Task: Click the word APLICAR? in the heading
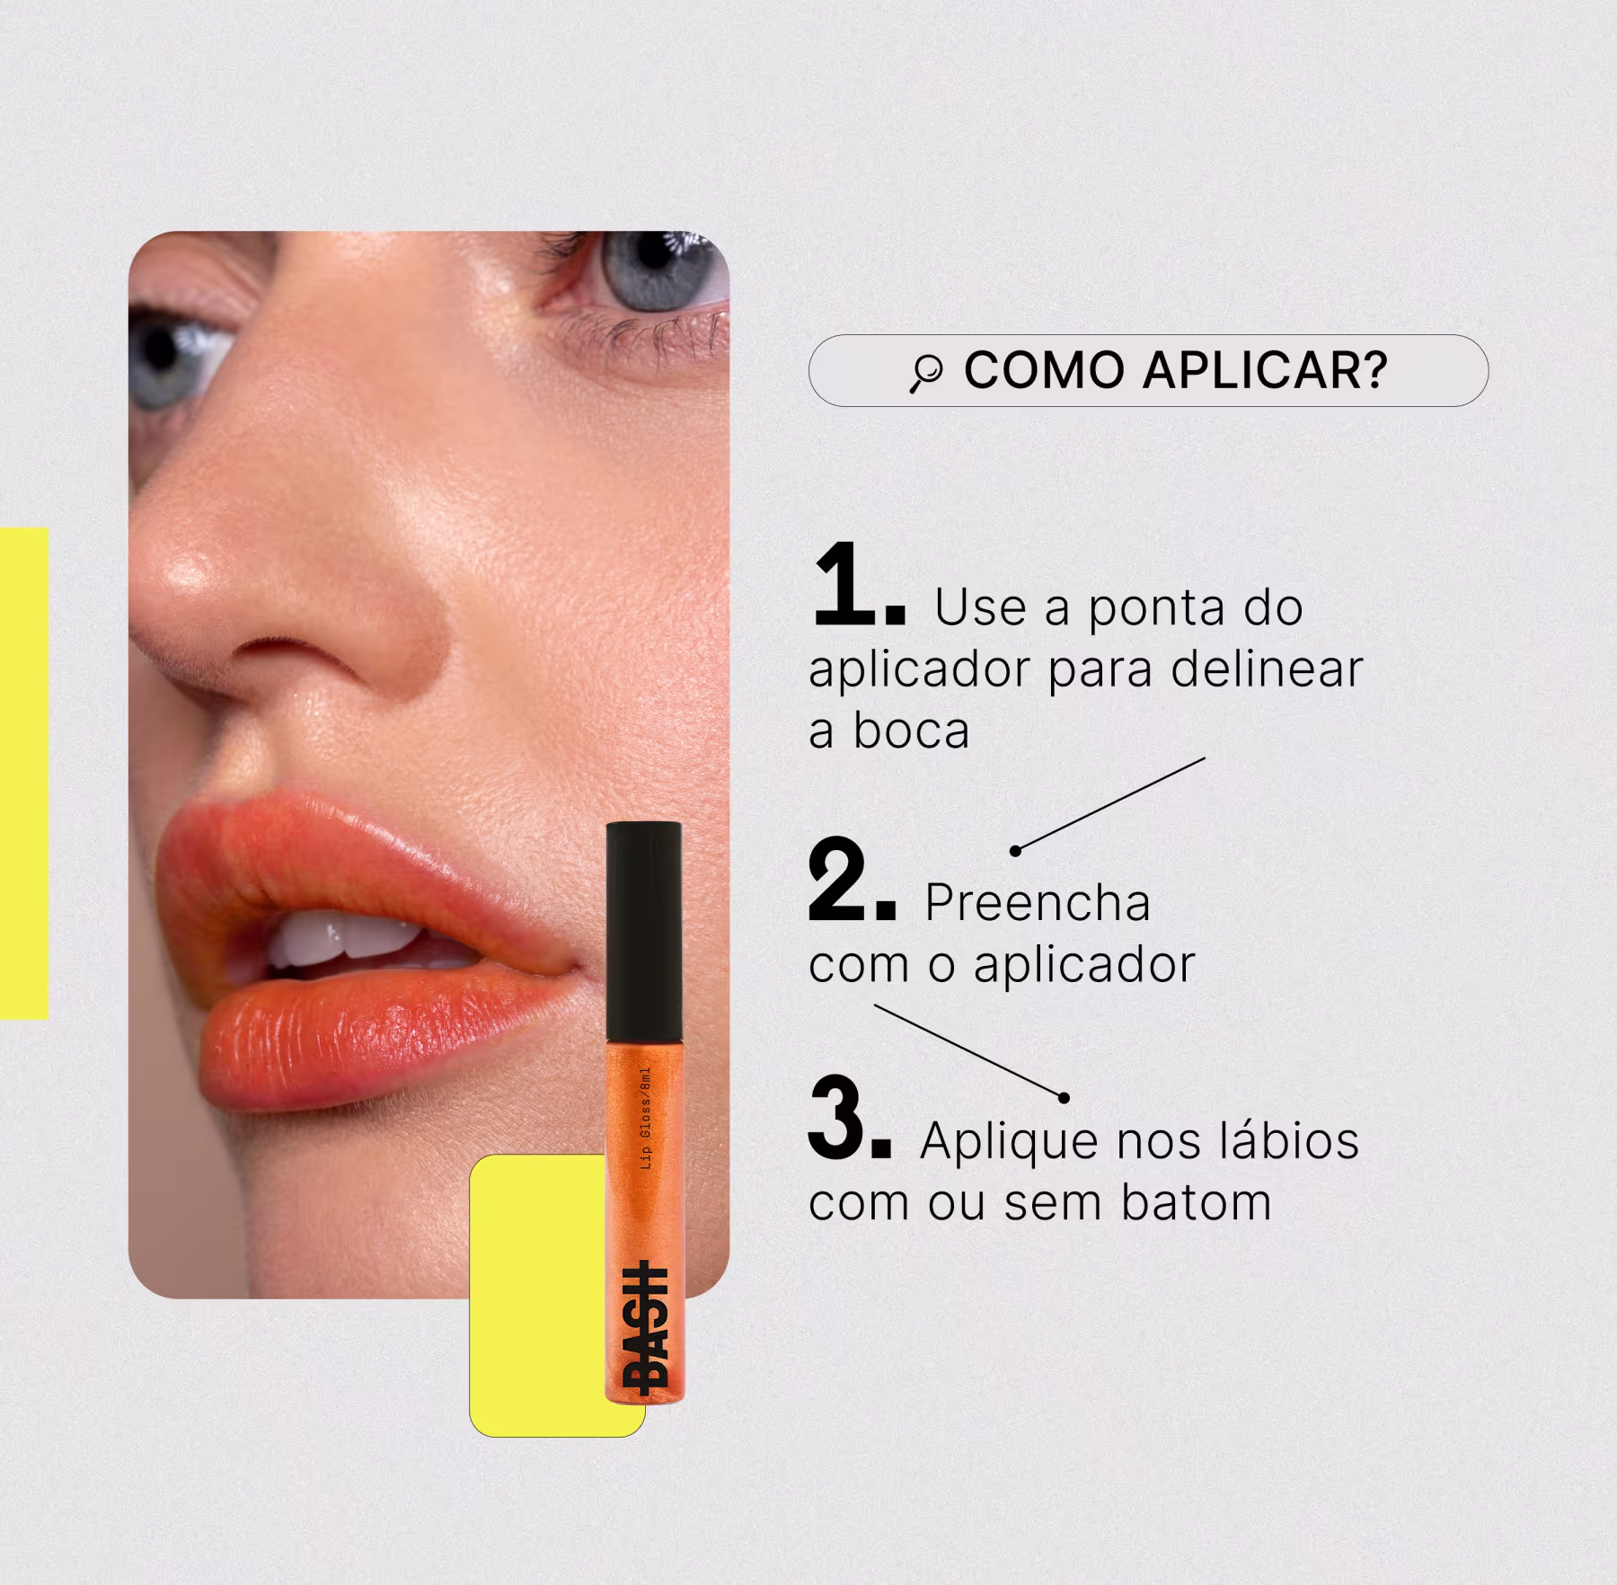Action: (x=1266, y=369)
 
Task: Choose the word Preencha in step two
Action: (x=1038, y=902)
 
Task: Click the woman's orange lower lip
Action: (x=377, y=1042)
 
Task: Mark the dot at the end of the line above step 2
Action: (x=1015, y=851)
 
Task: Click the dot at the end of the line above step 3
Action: (x=1064, y=1097)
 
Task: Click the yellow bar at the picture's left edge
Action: (x=23, y=773)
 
